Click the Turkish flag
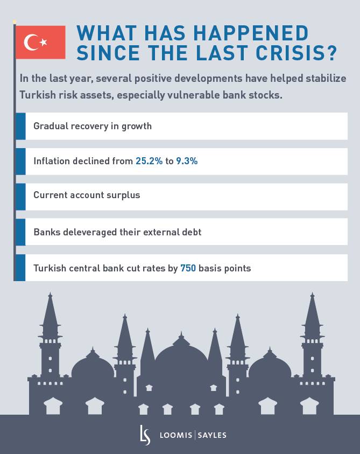click(40, 42)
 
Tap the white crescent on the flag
click(32, 42)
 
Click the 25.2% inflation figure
click(149, 161)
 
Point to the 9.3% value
click(187, 161)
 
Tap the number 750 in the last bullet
click(188, 268)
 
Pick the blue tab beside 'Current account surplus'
click(20, 197)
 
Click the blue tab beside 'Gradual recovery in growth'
click(20, 126)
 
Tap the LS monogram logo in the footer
click(145, 435)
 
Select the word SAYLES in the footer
click(212, 435)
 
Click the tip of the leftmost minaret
click(50, 295)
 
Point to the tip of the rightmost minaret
click(312, 295)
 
